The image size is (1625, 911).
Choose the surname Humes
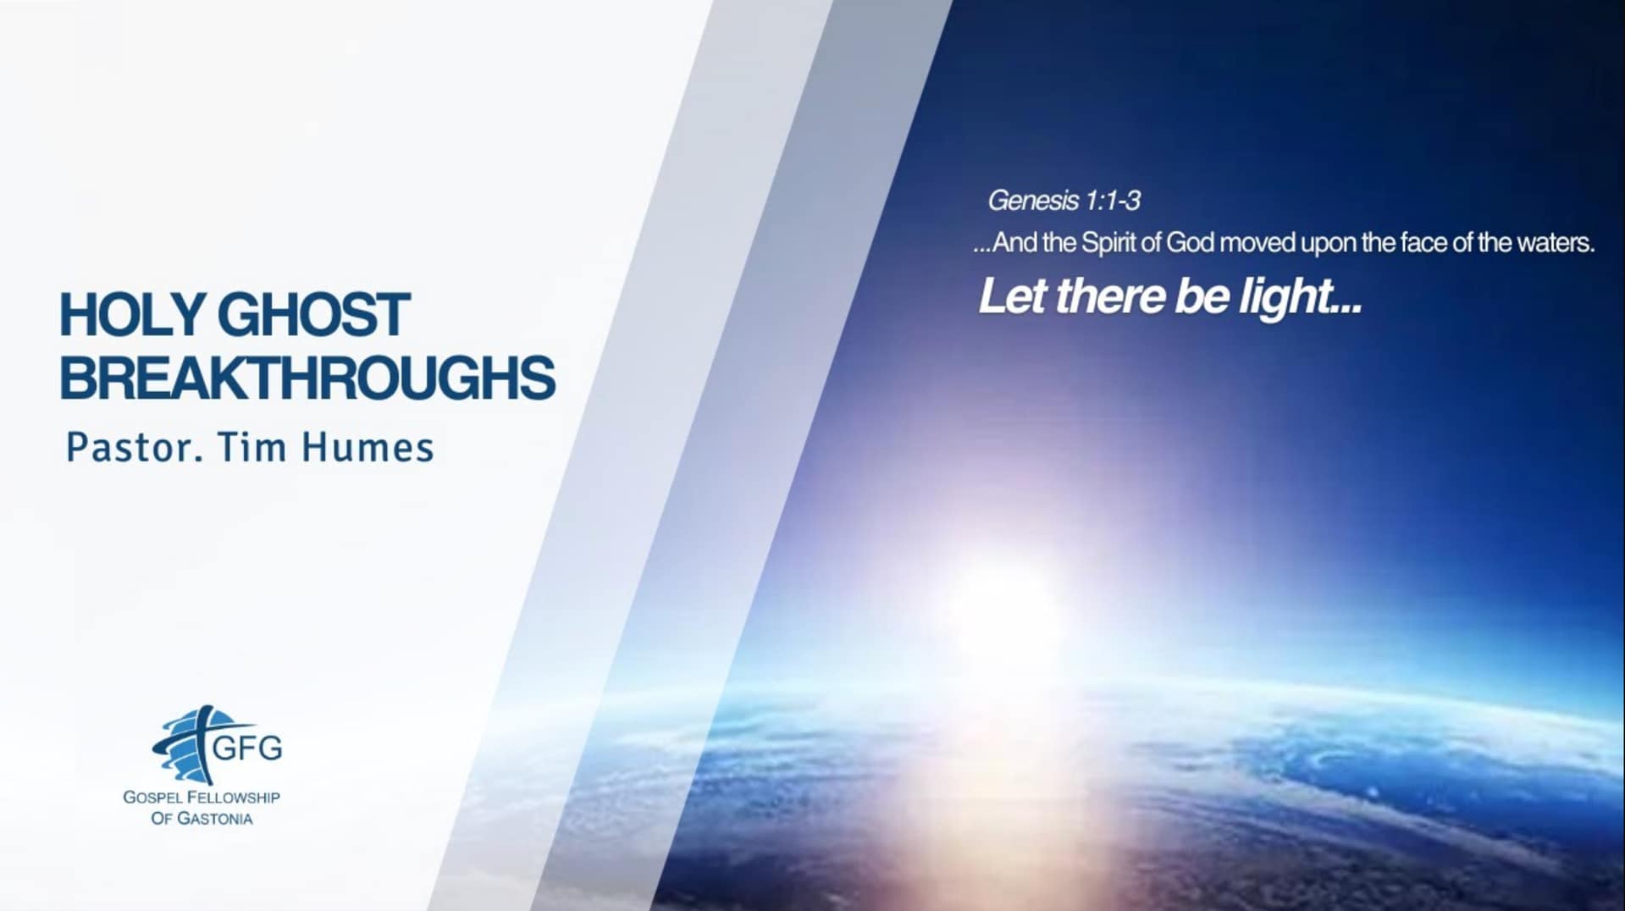click(x=368, y=447)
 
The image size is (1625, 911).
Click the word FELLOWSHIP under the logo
click(x=234, y=798)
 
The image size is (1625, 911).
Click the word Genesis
click(x=1033, y=201)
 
